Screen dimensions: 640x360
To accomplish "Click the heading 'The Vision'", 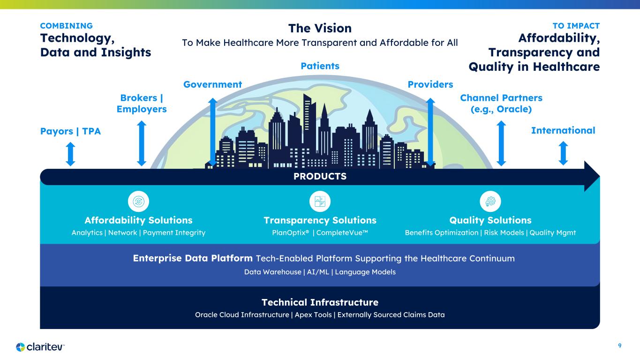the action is point(320,28).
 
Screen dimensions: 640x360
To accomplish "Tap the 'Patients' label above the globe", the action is point(320,66).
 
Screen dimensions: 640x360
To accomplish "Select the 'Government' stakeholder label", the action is point(212,84).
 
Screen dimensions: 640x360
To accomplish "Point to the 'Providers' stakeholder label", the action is point(430,84).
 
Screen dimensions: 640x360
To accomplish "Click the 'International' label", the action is point(563,130).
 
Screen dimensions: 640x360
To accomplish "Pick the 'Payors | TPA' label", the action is point(70,131).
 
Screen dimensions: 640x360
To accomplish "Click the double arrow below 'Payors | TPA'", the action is point(71,154).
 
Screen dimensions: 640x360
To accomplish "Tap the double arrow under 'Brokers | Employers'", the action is point(142,143).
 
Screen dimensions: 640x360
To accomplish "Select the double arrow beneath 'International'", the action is point(563,153).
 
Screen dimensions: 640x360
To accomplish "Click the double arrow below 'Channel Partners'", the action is point(501,143).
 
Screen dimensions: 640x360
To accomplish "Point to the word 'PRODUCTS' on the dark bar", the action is point(320,176).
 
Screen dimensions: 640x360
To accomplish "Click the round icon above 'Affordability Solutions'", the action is point(139,202).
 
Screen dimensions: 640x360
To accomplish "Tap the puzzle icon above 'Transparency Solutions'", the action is point(320,202).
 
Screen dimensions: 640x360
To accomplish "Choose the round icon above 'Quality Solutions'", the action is point(490,202).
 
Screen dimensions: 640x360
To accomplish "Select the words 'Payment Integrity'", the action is point(174,233).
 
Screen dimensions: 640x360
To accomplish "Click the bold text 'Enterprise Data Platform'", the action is point(193,258).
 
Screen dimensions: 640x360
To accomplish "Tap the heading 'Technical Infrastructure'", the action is point(320,302).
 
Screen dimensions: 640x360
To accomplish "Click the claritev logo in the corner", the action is point(40,347).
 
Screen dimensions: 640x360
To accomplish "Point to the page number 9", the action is point(620,346).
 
